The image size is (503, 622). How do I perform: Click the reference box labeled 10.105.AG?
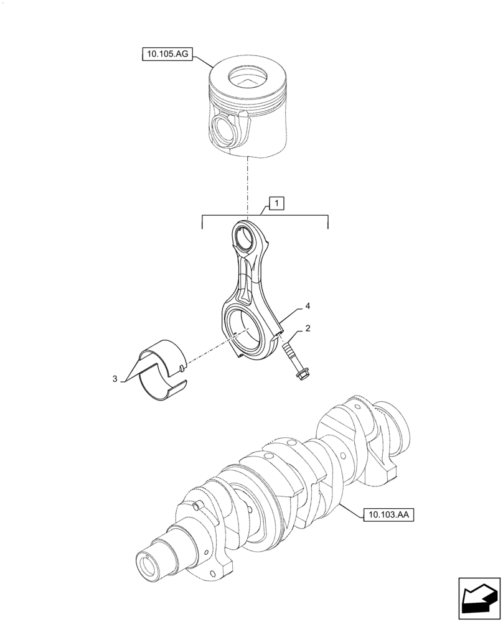pos(164,55)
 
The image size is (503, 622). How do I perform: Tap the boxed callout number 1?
pos(276,203)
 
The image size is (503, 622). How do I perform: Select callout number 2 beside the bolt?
pos(308,328)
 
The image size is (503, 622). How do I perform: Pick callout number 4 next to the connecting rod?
pos(308,307)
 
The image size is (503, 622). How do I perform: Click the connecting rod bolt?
pos(293,360)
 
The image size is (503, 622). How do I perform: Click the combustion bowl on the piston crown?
pos(248,78)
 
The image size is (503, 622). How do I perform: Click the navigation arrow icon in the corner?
pos(479,598)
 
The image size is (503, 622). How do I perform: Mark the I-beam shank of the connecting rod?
pos(248,274)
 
